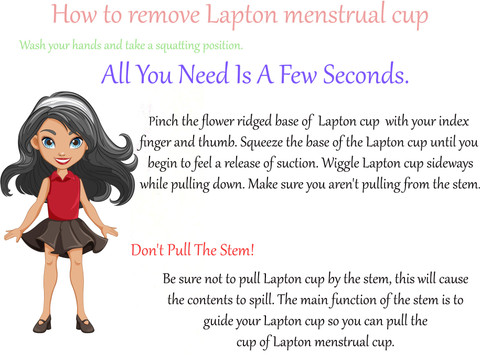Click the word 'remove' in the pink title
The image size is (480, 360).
[x=164, y=15]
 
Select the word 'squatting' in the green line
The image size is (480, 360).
[x=178, y=46]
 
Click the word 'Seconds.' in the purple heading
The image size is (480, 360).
[x=366, y=74]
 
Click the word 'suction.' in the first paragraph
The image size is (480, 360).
[x=297, y=163]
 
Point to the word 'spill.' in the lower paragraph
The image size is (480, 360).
[x=262, y=300]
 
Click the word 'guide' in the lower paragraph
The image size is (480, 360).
[x=218, y=321]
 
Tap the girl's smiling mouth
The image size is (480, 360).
[x=63, y=161]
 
